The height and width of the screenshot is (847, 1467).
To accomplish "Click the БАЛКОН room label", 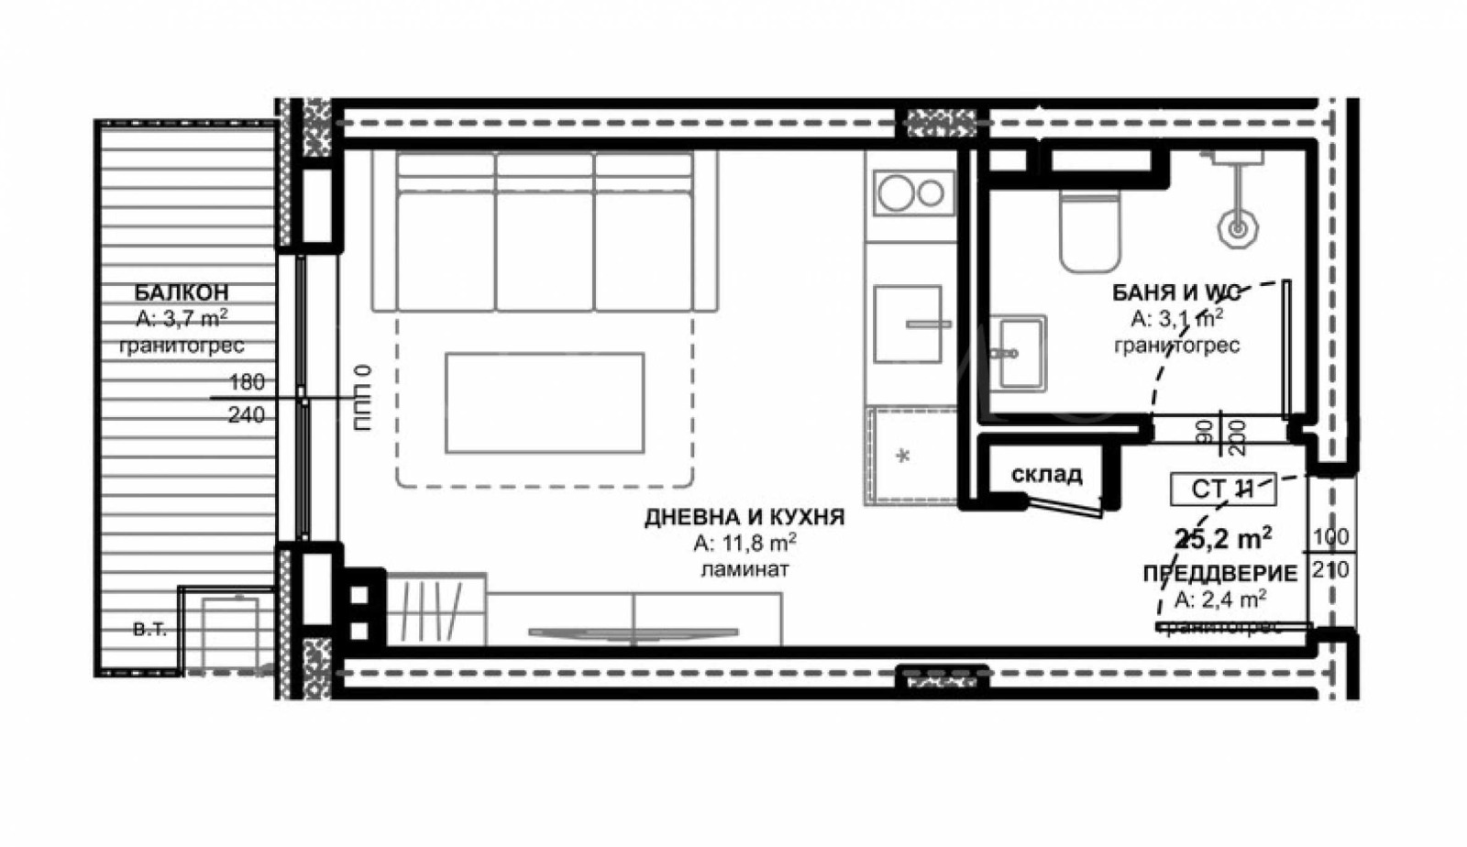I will (x=182, y=292).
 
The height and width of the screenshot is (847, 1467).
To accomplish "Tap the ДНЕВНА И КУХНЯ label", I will (x=744, y=517).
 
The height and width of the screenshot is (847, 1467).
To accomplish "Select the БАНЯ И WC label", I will (x=1176, y=292).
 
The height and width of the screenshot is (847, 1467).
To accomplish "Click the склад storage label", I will (x=1046, y=475).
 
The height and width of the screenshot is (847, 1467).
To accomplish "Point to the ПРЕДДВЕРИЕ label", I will (x=1219, y=574).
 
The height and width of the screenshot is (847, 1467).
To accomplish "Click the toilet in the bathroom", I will (x=1090, y=229).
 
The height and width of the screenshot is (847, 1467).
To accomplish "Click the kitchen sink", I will (x=908, y=324).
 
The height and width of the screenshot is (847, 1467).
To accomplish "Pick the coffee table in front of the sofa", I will (x=545, y=402).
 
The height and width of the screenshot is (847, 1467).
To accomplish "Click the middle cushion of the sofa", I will (x=545, y=247).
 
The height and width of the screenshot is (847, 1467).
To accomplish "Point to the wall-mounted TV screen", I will (x=633, y=632).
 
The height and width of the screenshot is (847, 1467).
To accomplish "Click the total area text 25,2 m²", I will (x=1222, y=537).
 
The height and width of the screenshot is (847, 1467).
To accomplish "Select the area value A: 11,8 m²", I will (x=744, y=544).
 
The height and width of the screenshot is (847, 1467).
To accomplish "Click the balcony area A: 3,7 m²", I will (x=182, y=319).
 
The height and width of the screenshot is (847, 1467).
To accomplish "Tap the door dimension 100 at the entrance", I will (x=1330, y=536).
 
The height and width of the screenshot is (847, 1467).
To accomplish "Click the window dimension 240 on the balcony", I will (x=246, y=415).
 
